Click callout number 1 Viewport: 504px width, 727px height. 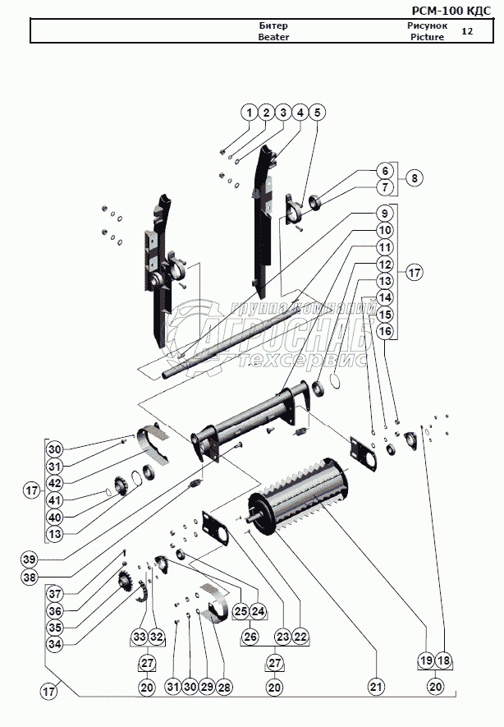click(249, 112)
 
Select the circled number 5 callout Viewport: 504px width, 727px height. click(318, 112)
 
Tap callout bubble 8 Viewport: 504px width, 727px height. click(415, 177)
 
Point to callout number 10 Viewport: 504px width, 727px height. click(384, 230)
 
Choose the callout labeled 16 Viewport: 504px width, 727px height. click(384, 330)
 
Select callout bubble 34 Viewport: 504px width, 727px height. click(54, 643)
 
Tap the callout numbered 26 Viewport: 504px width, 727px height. click(250, 637)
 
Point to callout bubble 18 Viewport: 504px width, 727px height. click(444, 660)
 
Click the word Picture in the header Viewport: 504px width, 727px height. click(427, 38)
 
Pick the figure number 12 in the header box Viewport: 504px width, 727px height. click(467, 31)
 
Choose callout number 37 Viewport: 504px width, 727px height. click(54, 593)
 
